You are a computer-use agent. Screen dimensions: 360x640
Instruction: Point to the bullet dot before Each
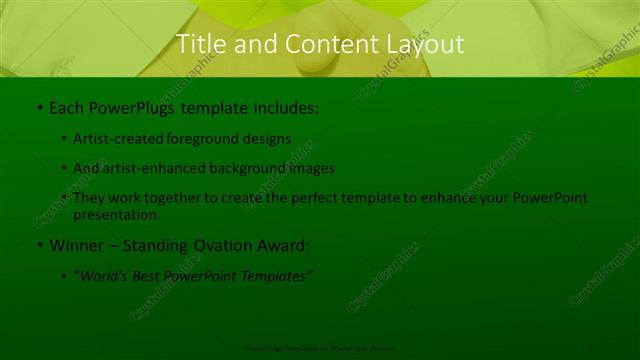coord(38,106)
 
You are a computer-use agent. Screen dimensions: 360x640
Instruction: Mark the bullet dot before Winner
coord(38,245)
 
